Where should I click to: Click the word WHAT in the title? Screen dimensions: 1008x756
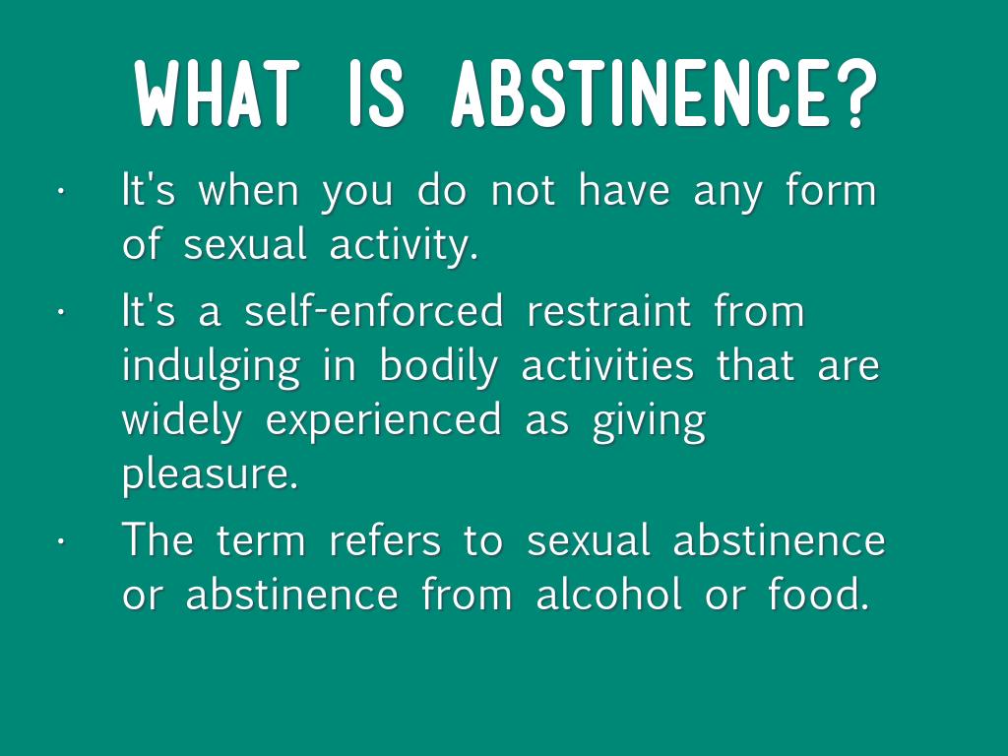218,93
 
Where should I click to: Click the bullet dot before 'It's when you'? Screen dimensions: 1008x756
61,191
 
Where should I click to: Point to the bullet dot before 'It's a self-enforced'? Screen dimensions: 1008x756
61,311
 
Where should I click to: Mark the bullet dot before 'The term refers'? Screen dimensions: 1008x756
61,540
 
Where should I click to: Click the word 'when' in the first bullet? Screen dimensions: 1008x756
248,190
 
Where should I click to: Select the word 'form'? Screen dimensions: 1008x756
831,190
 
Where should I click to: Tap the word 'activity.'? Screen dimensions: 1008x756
404,244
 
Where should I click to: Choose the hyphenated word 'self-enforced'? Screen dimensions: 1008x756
373,310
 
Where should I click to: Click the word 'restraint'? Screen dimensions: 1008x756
608,310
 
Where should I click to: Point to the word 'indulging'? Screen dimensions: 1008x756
211,366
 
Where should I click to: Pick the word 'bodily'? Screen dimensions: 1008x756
438,366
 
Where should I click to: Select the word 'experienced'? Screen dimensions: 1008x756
383,421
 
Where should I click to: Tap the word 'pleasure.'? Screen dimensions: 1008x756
211,475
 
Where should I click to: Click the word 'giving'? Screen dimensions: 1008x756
649,421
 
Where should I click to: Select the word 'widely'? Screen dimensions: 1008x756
182,421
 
